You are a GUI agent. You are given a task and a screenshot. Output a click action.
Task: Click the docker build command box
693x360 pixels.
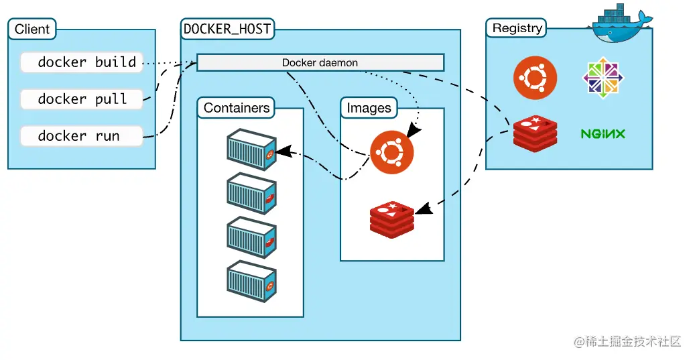tap(82, 62)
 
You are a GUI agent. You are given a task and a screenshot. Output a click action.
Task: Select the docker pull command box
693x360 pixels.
tap(82, 99)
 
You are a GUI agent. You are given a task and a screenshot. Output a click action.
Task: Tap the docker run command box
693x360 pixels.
tap(82, 136)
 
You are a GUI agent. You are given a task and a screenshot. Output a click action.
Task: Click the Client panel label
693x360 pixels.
tap(32, 29)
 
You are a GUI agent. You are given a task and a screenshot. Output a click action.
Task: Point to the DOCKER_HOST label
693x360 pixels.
tap(228, 29)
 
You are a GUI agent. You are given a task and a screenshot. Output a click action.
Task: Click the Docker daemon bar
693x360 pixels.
tap(320, 62)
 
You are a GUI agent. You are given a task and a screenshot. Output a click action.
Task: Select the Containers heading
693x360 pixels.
tap(237, 107)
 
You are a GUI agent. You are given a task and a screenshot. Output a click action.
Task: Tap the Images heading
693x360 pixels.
tap(369, 107)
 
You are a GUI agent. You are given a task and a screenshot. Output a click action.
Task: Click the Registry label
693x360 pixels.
tap(517, 28)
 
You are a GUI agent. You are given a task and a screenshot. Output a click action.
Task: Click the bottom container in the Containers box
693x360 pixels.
tap(251, 280)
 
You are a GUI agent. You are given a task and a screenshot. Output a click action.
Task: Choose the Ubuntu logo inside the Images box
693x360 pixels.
tap(392, 152)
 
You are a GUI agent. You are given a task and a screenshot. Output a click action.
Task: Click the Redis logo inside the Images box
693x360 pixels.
tap(392, 218)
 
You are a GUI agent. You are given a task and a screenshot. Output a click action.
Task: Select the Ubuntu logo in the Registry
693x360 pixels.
tap(535, 78)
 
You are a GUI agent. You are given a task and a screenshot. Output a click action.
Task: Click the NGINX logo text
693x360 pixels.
tap(603, 134)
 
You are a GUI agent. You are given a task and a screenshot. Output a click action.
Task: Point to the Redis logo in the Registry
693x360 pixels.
tap(535, 133)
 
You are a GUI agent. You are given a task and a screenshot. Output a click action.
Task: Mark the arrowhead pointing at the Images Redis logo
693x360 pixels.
tap(424, 210)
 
